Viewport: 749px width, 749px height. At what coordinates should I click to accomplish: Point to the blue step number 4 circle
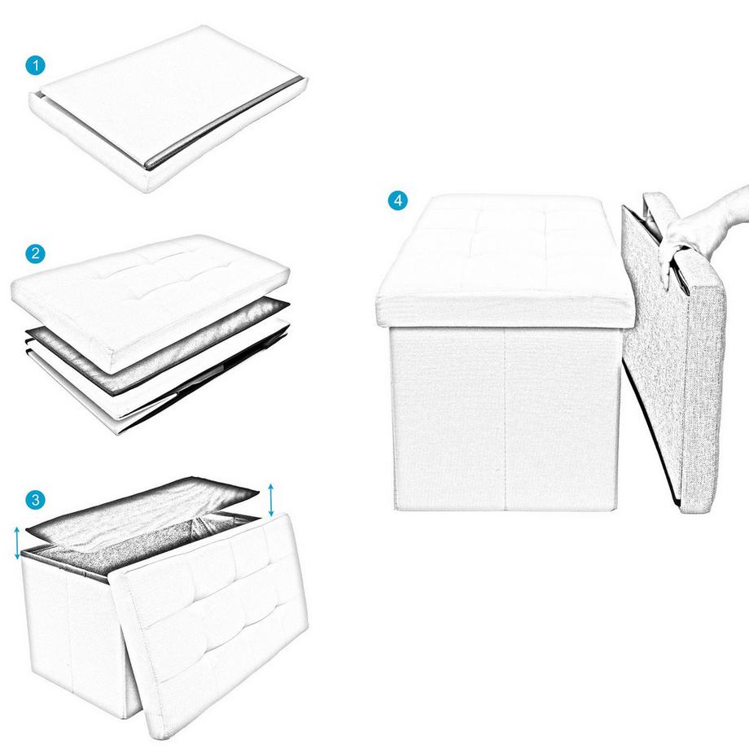(x=397, y=200)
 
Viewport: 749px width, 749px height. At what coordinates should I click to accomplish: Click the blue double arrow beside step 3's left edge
(x=16, y=542)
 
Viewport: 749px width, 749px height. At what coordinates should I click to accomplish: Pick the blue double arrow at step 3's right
(x=272, y=498)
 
